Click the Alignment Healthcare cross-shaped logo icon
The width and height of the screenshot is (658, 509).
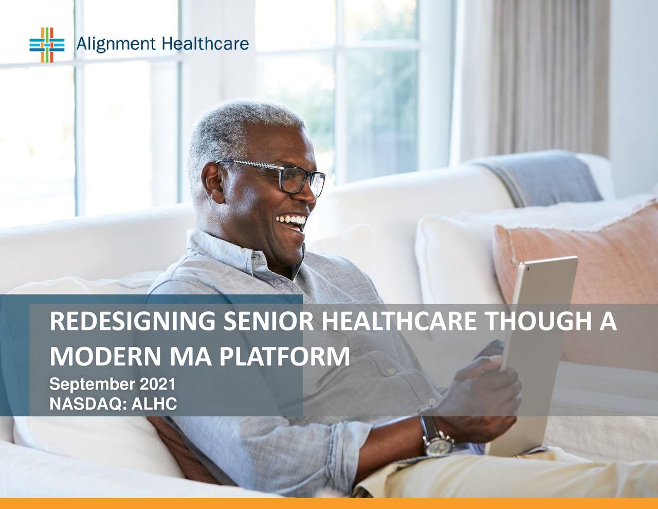[47, 45]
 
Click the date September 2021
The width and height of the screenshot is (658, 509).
[112, 384]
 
